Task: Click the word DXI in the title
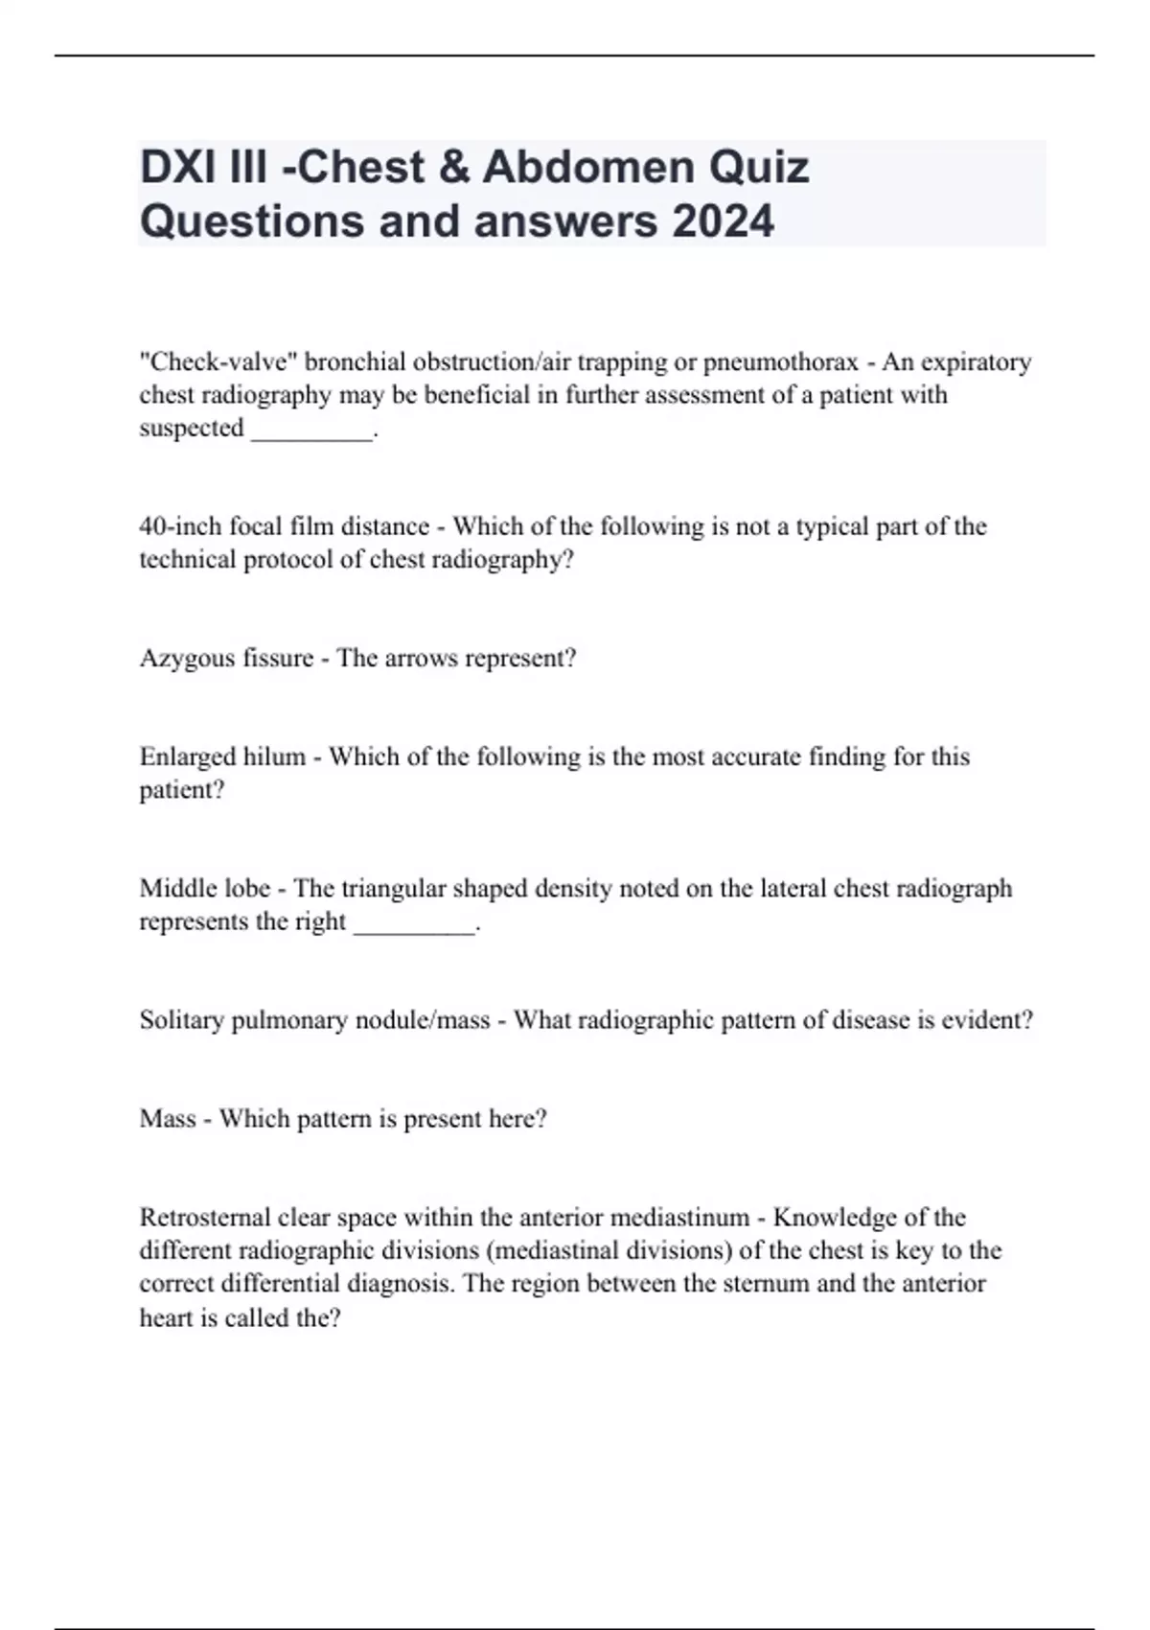[177, 167]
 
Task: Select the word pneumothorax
[781, 362]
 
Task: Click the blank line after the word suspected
[311, 431]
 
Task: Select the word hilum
[274, 757]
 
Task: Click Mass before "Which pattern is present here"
[167, 1118]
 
